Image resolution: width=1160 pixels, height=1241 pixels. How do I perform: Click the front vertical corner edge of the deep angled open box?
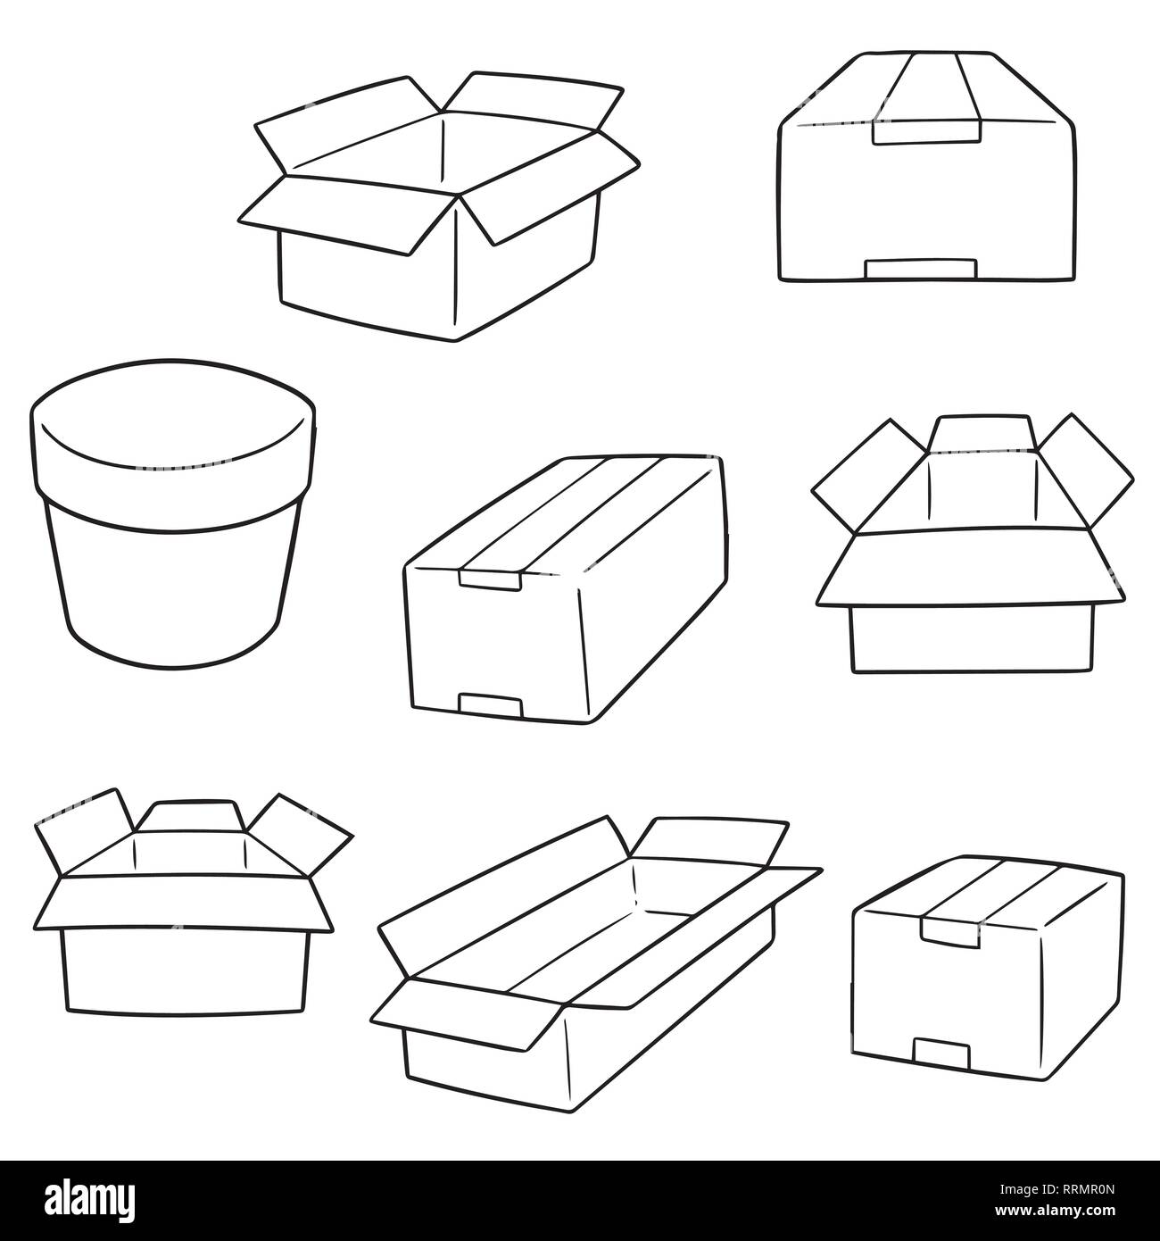click(458, 268)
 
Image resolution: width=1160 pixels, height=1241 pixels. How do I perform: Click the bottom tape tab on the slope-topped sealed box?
click(922, 269)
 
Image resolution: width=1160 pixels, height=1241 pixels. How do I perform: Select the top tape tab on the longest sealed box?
click(490, 580)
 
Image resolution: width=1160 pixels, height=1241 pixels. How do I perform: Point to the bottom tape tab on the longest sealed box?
click(489, 705)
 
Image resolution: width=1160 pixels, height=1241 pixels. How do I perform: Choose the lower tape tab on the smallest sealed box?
click(942, 1053)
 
